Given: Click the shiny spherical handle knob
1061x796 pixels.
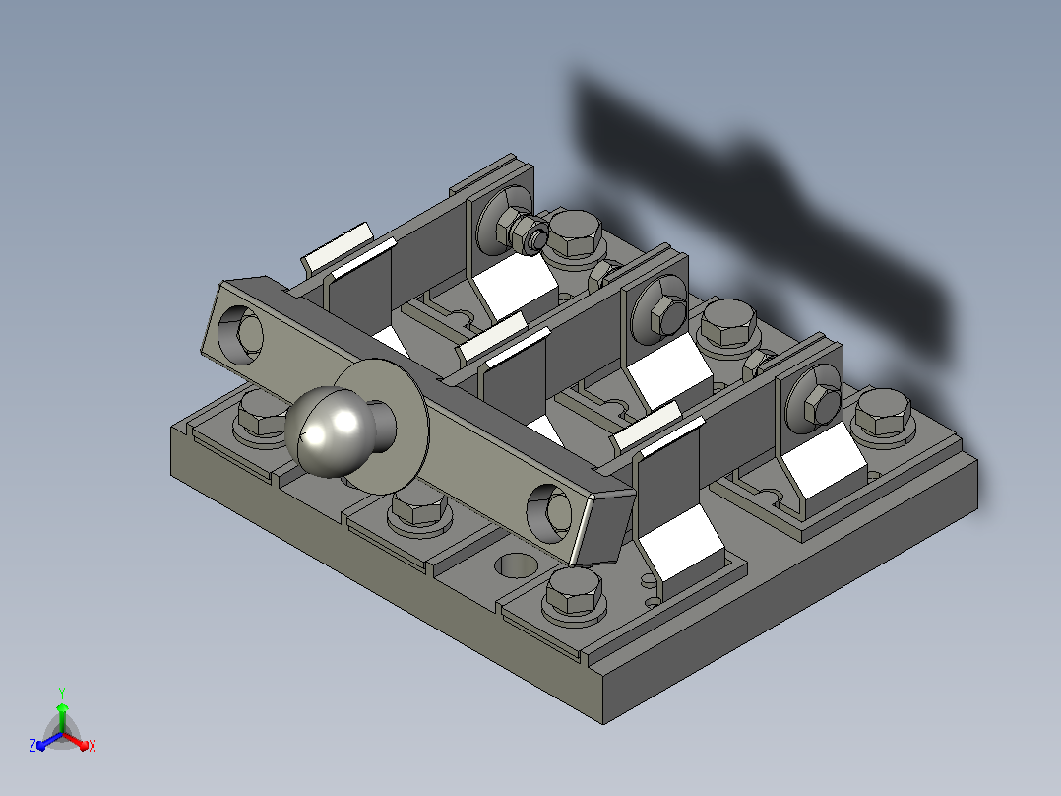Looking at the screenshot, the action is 330,432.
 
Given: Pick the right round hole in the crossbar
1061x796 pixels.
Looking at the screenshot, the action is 549,513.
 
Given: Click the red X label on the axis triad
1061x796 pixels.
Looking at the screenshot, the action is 93,746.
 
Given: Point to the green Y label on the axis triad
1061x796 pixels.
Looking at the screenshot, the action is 62,693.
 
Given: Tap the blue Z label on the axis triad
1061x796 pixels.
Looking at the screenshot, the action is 32,746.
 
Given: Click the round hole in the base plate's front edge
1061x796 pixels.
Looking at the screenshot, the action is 516,565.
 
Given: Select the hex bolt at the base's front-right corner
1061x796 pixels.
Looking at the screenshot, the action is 574,594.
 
